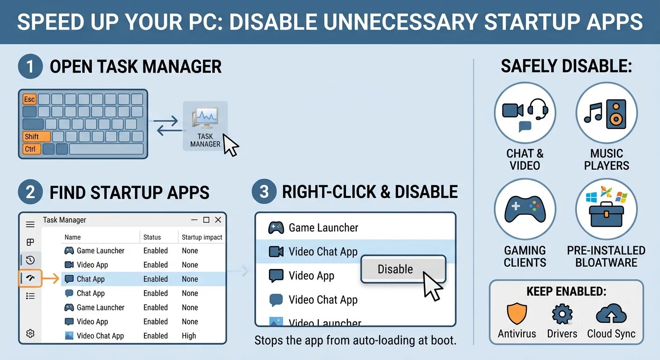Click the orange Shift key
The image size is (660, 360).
tap(36, 137)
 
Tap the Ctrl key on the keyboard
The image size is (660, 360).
tap(30, 149)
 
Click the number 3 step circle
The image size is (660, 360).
tap(264, 192)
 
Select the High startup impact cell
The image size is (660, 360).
tap(189, 336)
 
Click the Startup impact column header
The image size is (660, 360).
tap(202, 237)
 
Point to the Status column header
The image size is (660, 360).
tap(152, 237)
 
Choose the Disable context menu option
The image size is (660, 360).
tap(395, 269)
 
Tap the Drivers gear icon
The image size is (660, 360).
tap(562, 314)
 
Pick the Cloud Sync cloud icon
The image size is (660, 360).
tap(611, 314)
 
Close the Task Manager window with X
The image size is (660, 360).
tap(218, 220)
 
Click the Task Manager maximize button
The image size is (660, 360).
tap(206, 220)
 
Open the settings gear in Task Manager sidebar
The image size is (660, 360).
tap(30, 333)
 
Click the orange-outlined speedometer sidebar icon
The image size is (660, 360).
tap(30, 278)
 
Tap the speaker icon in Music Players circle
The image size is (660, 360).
tap(615, 114)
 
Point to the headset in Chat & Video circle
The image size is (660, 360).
tap(538, 109)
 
